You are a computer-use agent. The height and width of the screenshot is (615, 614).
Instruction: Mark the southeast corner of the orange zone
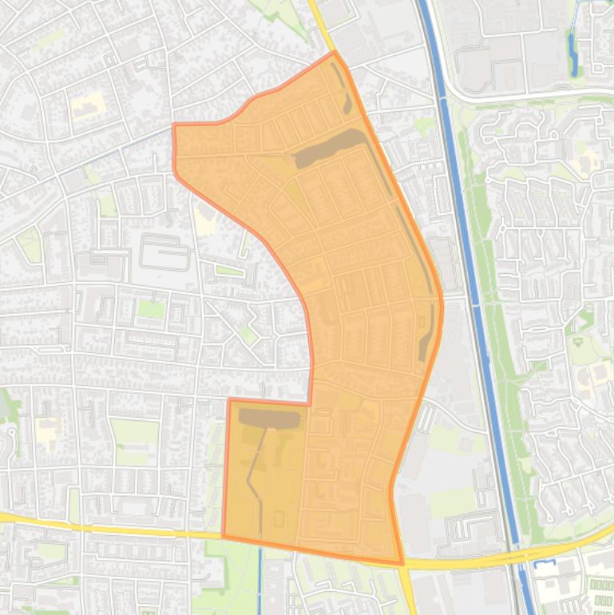(x=402, y=564)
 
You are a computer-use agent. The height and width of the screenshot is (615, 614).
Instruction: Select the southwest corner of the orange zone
(x=223, y=536)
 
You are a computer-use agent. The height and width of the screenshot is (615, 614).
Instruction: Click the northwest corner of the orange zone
(x=175, y=125)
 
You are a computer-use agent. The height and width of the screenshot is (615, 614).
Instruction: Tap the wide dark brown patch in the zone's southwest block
(x=269, y=418)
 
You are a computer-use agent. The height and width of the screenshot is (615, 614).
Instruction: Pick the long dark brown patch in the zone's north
(x=327, y=149)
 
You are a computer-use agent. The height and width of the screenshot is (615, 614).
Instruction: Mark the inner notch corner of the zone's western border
(x=310, y=402)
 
